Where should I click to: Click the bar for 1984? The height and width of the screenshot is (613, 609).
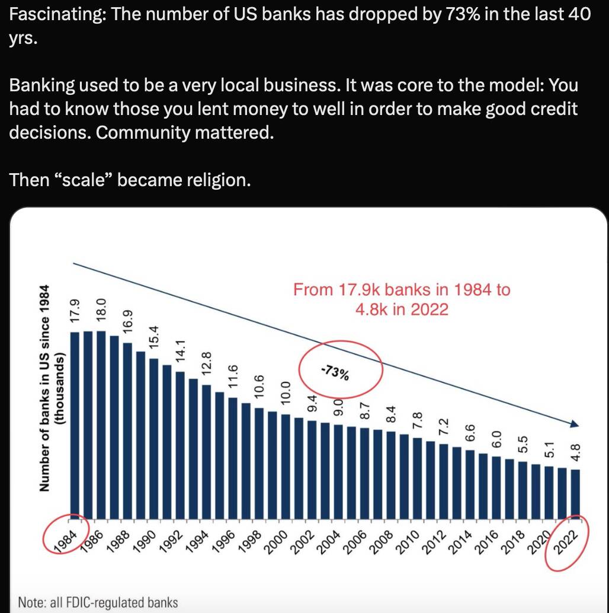[x=74, y=425]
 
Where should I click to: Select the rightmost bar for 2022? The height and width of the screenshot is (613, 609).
[x=575, y=494]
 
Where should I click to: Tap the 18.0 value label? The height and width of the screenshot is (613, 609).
[x=101, y=309]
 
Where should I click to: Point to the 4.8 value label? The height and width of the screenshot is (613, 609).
[x=576, y=452]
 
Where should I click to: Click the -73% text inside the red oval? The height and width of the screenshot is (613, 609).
[x=335, y=372]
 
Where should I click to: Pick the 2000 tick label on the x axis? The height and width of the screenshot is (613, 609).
[x=275, y=542]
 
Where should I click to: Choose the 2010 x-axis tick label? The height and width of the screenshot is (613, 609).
[x=408, y=542]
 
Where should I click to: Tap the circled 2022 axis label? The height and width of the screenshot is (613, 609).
[x=565, y=542]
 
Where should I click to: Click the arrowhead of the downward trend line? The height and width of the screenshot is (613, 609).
[x=575, y=424]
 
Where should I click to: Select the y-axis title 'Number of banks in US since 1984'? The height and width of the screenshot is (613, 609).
[x=44, y=388]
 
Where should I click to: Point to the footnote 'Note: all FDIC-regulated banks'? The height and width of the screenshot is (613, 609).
[x=98, y=602]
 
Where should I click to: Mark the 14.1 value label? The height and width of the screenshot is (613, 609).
[x=180, y=351]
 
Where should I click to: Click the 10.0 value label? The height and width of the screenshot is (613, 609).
[x=286, y=392]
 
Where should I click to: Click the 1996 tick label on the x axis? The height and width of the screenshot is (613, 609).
[x=223, y=542]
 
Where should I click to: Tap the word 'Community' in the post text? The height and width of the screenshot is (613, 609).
[x=143, y=133]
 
